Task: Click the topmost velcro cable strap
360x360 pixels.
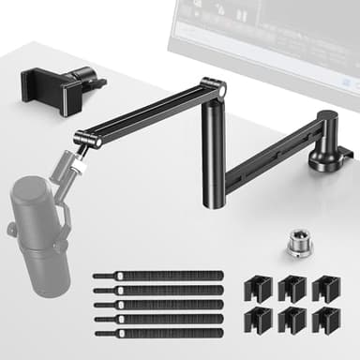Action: point(157,277)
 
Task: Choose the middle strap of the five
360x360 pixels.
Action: point(157,305)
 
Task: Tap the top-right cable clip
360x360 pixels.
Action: point(324,289)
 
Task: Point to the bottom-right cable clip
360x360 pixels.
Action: point(324,321)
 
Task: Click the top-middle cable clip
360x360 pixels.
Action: point(291,289)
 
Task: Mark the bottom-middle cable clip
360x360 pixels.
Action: point(291,321)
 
